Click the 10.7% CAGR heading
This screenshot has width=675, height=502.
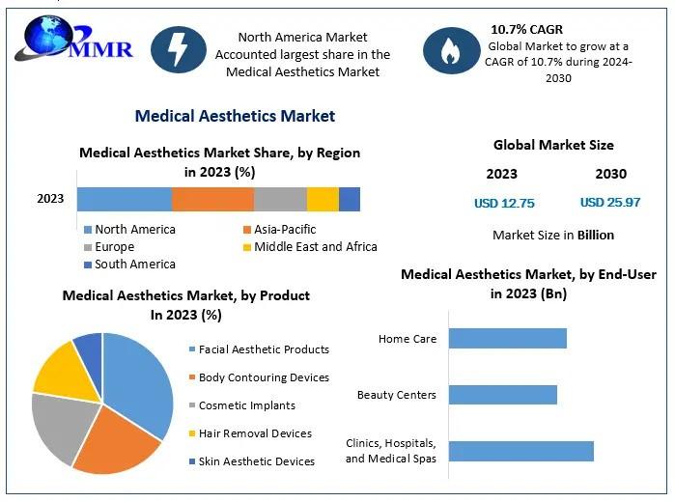[x=526, y=29]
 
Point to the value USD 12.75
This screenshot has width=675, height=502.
[x=504, y=203]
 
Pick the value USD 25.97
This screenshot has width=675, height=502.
[x=610, y=203]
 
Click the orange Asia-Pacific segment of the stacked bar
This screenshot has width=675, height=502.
[x=212, y=199]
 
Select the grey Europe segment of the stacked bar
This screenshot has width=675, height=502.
[x=280, y=199]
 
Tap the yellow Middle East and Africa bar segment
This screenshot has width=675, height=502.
[x=323, y=199]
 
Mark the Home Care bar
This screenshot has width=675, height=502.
[x=507, y=339]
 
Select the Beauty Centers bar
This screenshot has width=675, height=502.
[x=502, y=395]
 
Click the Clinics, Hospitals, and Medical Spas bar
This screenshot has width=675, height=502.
[x=520, y=451]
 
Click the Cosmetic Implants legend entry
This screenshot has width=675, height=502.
[x=246, y=405]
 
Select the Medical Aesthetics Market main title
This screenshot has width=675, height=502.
[x=235, y=116]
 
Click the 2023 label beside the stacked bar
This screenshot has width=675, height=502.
[x=50, y=199]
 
